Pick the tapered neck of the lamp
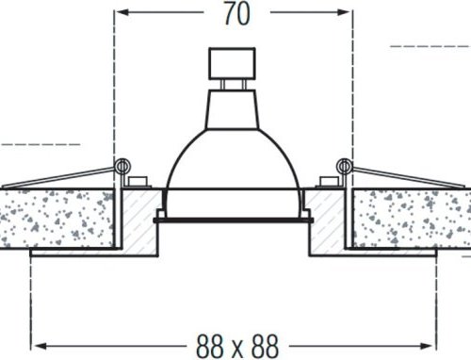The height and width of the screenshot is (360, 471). point(234,98)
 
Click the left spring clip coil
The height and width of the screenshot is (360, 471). point(121,167)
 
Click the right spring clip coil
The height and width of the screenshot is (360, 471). point(346,167)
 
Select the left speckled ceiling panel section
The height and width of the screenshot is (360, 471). point(57,217)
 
